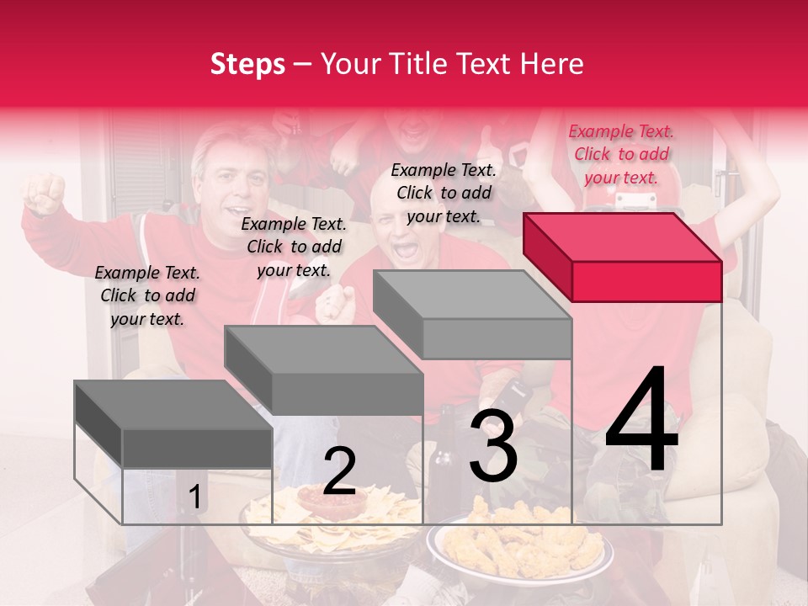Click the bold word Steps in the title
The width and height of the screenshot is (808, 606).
point(247,64)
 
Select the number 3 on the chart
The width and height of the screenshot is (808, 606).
point(493,448)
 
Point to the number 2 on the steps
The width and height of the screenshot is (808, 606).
point(339,471)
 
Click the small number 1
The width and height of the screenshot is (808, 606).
point(194,497)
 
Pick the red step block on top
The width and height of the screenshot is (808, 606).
point(623,256)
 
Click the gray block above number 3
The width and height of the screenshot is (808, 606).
point(473,313)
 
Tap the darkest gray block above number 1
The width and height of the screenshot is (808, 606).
point(173,423)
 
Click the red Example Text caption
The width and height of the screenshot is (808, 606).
point(621,154)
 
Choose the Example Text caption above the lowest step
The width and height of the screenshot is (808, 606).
point(147,295)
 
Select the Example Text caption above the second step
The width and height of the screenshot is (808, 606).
point(294,247)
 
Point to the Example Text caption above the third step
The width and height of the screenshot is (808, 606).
point(444,193)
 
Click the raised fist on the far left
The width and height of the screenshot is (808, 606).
point(44,193)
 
